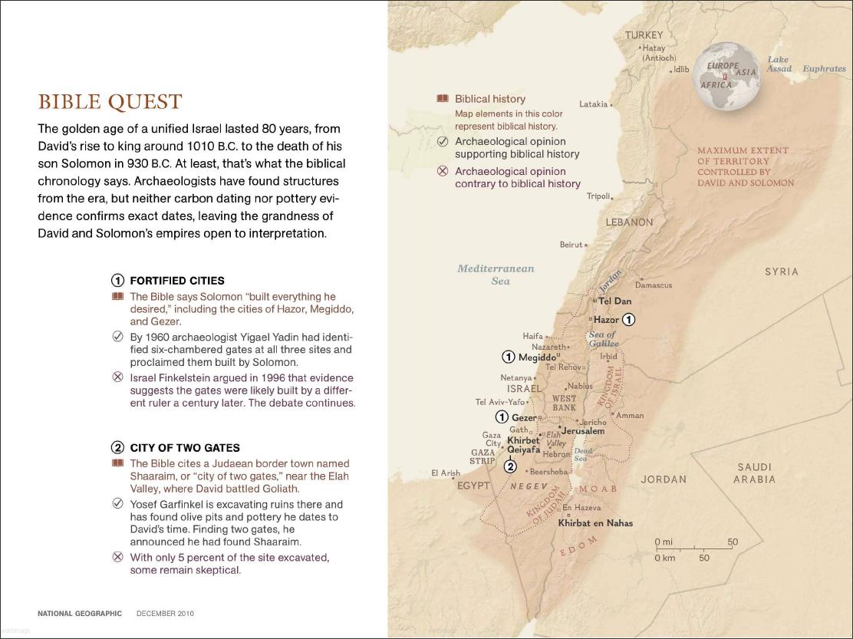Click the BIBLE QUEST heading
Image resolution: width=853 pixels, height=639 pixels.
click(x=110, y=102)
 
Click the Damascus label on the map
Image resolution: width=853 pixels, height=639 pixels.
click(x=654, y=285)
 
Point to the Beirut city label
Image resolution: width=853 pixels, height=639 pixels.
click(x=571, y=245)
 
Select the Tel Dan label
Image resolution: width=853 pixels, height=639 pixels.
click(x=614, y=301)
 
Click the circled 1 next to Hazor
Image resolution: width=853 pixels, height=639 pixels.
click(x=628, y=319)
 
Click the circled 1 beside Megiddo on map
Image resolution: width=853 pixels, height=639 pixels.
click(x=509, y=357)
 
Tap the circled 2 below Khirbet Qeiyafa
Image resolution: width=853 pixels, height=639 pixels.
click(x=510, y=466)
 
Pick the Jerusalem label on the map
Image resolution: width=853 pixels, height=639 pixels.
click(x=583, y=431)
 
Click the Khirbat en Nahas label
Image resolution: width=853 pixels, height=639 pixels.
click(x=595, y=523)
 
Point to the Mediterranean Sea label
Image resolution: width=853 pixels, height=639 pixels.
click(x=496, y=275)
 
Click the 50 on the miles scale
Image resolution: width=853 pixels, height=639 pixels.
click(x=733, y=542)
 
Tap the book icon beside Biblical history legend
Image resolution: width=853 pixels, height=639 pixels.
click(x=443, y=99)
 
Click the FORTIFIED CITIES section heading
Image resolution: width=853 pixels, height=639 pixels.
click(x=177, y=281)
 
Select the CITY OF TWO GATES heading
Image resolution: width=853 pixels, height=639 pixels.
click(x=185, y=448)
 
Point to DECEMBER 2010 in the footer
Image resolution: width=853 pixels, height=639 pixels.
click(x=165, y=614)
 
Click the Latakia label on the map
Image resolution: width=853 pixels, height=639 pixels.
click(x=593, y=104)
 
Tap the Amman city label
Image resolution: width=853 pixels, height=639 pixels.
click(x=630, y=416)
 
